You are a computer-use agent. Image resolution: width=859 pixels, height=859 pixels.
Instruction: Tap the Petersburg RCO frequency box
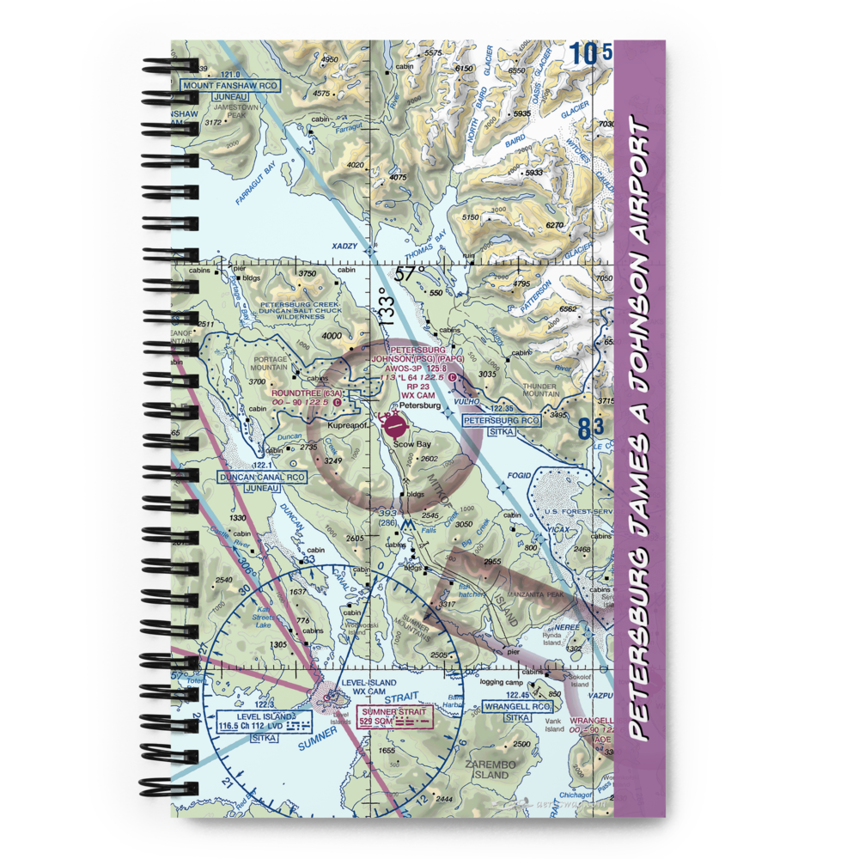[x=502, y=421]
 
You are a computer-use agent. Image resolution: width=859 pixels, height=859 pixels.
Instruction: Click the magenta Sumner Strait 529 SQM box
[x=393, y=718]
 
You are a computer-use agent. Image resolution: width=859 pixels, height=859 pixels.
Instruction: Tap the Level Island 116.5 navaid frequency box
[x=256, y=727]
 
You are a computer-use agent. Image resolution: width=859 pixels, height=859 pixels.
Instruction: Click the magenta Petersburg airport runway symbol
[x=393, y=424]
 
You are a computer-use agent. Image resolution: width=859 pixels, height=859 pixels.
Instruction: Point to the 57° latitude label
[x=410, y=274]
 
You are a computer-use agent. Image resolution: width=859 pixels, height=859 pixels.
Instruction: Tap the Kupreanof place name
[x=338, y=425]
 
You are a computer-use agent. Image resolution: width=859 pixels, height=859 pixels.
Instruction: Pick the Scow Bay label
[x=412, y=444]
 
